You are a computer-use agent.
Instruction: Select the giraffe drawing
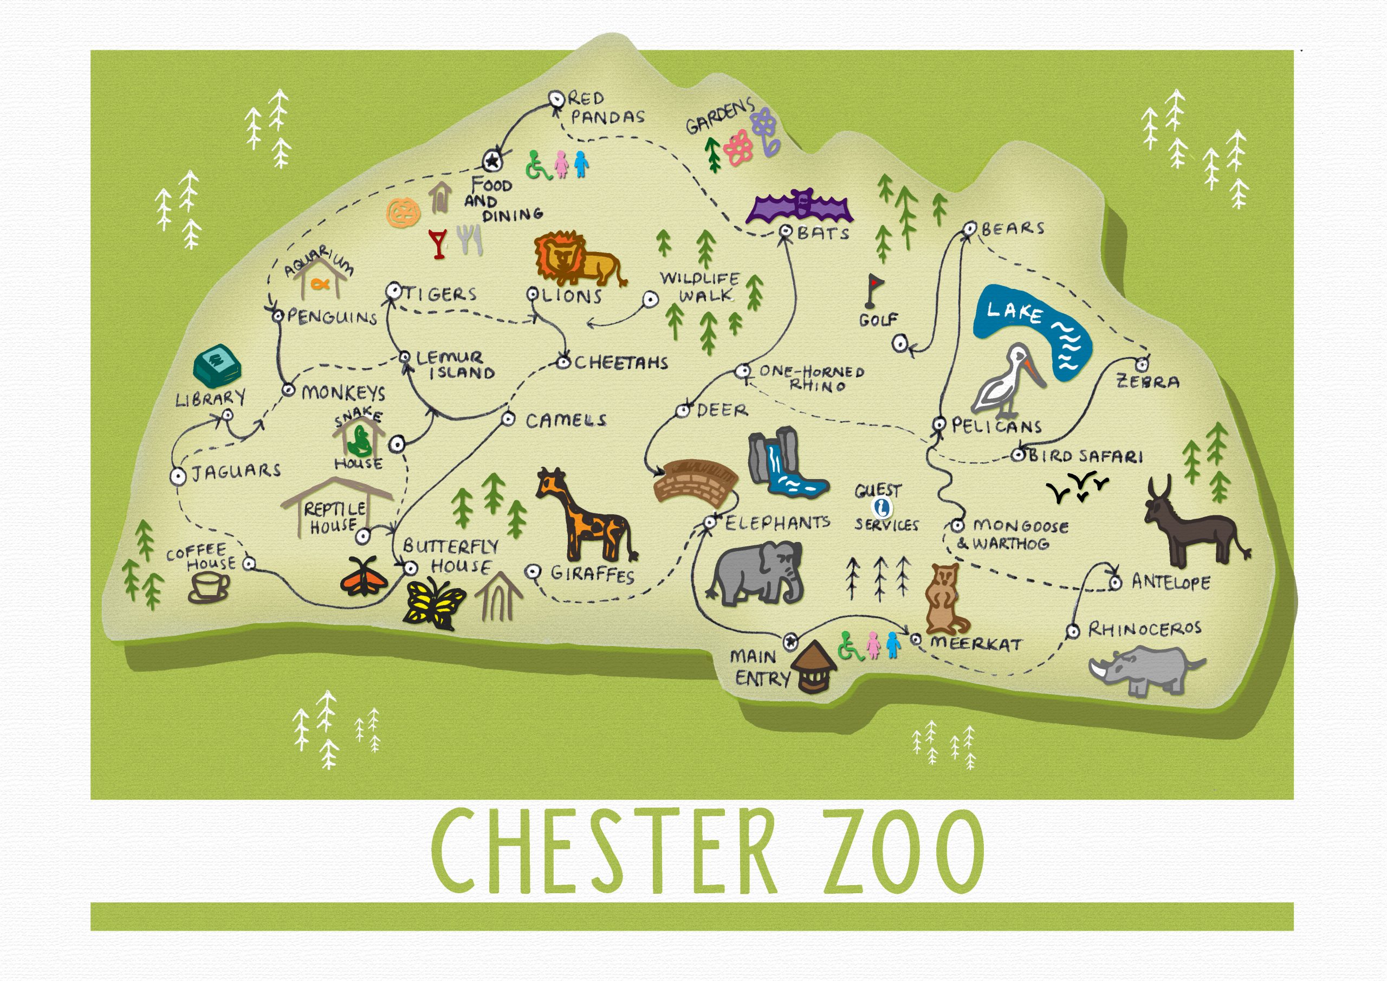pyautogui.click(x=583, y=517)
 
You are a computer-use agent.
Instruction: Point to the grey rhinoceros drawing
pyautogui.click(x=1145, y=670)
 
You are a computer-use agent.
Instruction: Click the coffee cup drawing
pyautogui.click(x=209, y=587)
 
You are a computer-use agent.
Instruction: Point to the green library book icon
pyautogui.click(x=216, y=366)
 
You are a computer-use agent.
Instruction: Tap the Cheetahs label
pyautogui.click(x=620, y=363)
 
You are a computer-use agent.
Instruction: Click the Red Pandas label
pyautogui.click(x=604, y=108)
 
